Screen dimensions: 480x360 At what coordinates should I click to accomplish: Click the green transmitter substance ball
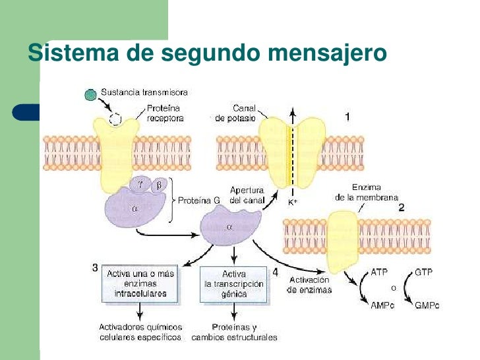pos(90,94)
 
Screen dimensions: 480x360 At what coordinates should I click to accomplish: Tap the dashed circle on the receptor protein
pos(115,119)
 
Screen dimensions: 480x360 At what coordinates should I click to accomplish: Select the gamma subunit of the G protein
pos(140,185)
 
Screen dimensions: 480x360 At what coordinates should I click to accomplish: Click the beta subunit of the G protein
pos(159,185)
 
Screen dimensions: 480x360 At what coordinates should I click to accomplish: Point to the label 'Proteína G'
pos(199,200)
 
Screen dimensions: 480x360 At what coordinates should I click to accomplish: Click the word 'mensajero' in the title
pos(327,53)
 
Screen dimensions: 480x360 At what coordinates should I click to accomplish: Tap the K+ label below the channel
pos(293,202)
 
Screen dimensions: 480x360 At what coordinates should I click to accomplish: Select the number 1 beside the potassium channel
pos(347,117)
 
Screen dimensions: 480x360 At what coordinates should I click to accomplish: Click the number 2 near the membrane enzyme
pos(402,208)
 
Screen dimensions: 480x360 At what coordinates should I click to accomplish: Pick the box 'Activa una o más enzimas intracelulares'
pos(140,284)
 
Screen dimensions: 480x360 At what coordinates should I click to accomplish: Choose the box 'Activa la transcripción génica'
pos(234,284)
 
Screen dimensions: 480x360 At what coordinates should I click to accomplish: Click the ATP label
pos(379,272)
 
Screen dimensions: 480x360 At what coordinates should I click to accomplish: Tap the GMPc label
pos(427,305)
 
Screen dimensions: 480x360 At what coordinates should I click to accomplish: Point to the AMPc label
pos(382,305)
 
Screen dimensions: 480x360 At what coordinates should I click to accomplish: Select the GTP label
pos(423,272)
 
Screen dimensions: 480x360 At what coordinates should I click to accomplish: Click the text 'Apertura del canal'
pos(247,195)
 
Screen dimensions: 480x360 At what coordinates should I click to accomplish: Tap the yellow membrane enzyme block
pos(343,242)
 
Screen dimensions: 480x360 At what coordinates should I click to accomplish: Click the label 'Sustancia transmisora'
pos(144,92)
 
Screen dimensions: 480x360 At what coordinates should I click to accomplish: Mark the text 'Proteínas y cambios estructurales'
pos(234,332)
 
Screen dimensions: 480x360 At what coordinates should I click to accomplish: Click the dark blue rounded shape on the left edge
pos(26,112)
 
